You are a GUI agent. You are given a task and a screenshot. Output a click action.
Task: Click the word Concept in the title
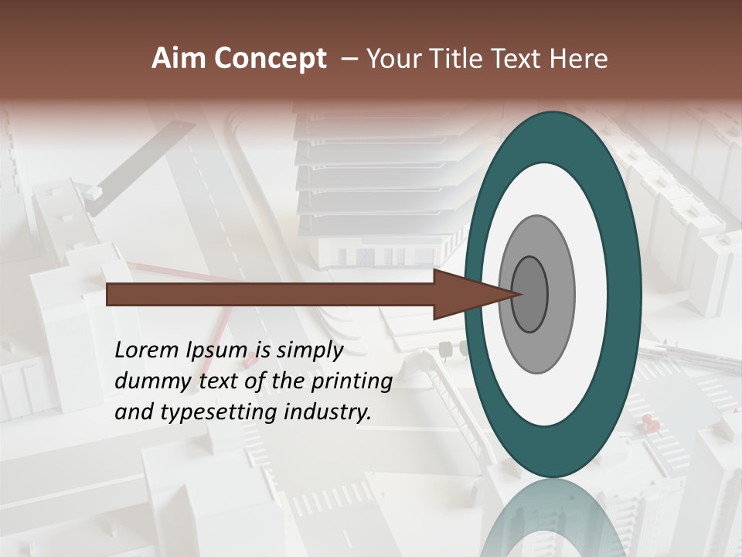pyautogui.click(x=270, y=59)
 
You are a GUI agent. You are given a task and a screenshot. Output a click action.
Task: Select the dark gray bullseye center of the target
pyautogui.click(x=530, y=295)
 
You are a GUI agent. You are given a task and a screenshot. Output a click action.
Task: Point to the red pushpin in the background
pyautogui.click(x=648, y=422)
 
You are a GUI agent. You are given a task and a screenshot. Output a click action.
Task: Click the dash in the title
pyautogui.click(x=349, y=59)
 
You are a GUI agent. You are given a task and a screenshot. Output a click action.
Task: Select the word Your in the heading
pyautogui.click(x=392, y=59)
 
